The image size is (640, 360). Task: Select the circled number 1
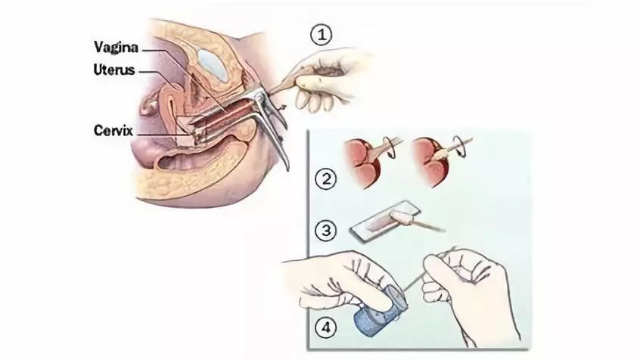(322, 36)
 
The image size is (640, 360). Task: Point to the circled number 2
(325, 179)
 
